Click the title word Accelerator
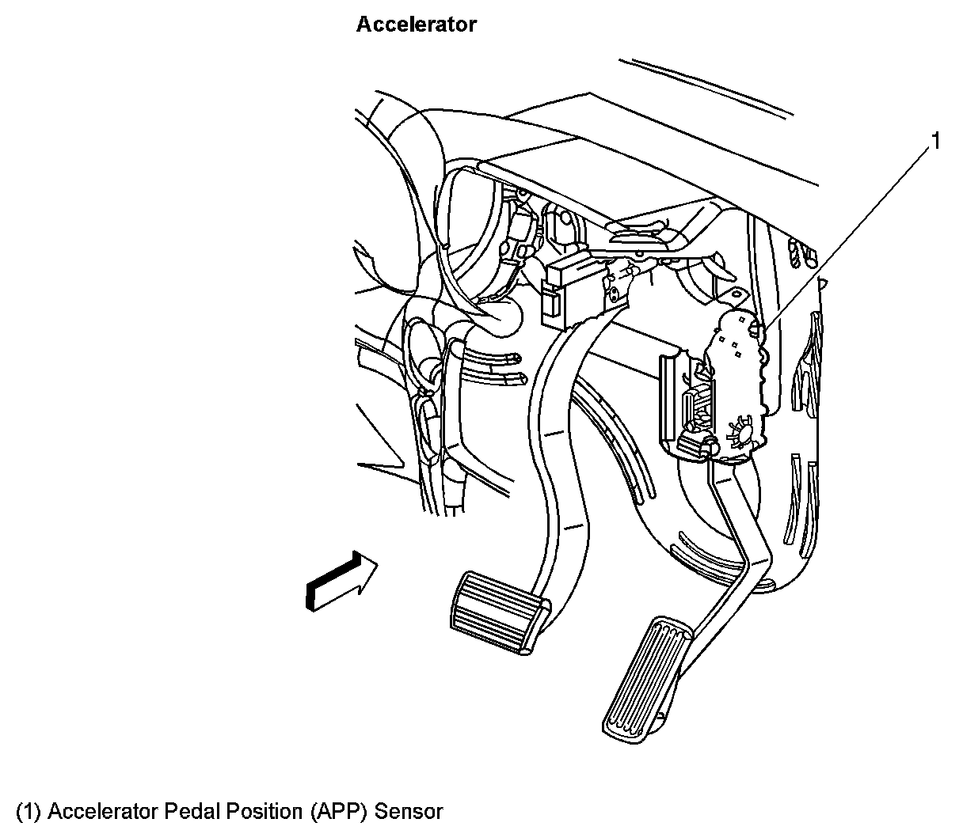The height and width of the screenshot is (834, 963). click(416, 25)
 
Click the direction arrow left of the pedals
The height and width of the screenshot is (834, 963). click(341, 582)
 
